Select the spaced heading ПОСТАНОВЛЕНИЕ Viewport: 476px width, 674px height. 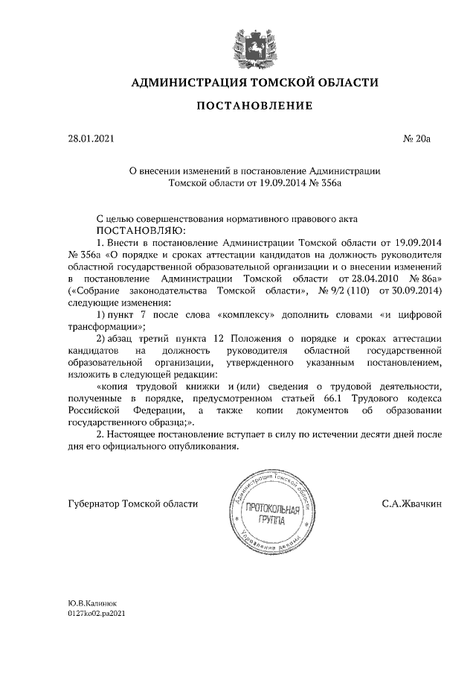coord(254,106)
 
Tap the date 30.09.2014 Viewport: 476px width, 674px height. coord(414,290)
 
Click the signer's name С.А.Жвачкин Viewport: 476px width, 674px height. coord(412,504)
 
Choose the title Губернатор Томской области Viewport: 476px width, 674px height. coord(132,504)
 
